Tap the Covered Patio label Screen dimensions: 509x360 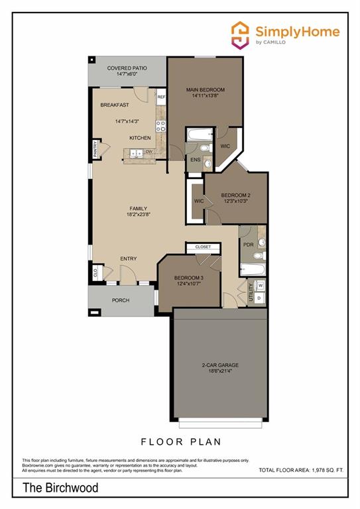pyautogui.click(x=127, y=68)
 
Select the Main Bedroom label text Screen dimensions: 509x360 pyautogui.click(x=205, y=89)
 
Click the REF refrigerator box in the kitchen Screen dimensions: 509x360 pyautogui.click(x=161, y=97)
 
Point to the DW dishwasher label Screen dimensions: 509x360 pyautogui.click(x=149, y=152)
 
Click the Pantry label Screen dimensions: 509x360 pyautogui.click(x=95, y=149)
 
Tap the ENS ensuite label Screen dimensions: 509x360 pyautogui.click(x=195, y=160)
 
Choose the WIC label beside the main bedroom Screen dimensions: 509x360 pyautogui.click(x=225, y=145)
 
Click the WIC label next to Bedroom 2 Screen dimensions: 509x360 pyautogui.click(x=199, y=200)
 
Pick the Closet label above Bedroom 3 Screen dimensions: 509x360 pyautogui.click(x=203, y=247)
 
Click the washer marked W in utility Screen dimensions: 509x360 pyautogui.click(x=260, y=286)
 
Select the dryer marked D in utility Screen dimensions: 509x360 pyautogui.click(x=260, y=298)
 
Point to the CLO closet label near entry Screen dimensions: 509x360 pyautogui.click(x=95, y=272)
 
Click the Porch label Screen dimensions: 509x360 pyautogui.click(x=121, y=300)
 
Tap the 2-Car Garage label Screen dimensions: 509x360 pyautogui.click(x=220, y=365)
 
